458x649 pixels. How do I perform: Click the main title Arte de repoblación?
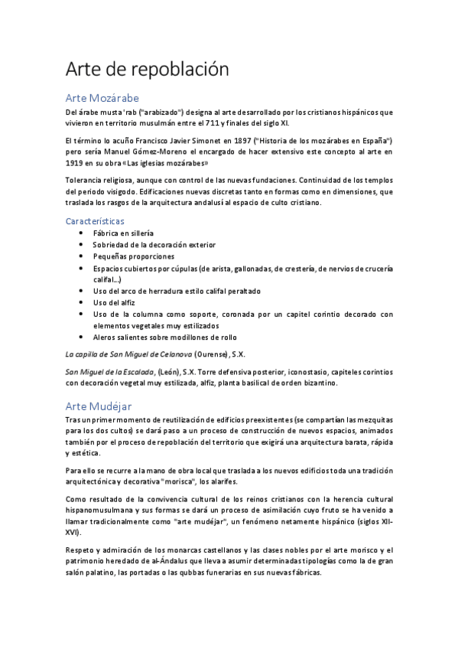pyautogui.click(x=148, y=70)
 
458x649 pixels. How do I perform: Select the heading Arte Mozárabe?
pyautogui.click(x=102, y=98)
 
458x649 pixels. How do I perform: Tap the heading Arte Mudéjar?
pyautogui.click(x=99, y=406)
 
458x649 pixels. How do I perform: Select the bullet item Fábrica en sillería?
pyautogui.click(x=123, y=233)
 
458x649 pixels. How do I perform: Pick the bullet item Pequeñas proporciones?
pyautogui.click(x=133, y=256)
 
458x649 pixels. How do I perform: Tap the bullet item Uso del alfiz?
pyautogui.click(x=115, y=302)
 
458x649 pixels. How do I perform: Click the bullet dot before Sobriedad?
pyautogui.click(x=83, y=245)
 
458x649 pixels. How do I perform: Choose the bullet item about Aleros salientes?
pyautogui.click(x=164, y=337)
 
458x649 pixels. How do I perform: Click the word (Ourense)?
pyautogui.click(x=212, y=354)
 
